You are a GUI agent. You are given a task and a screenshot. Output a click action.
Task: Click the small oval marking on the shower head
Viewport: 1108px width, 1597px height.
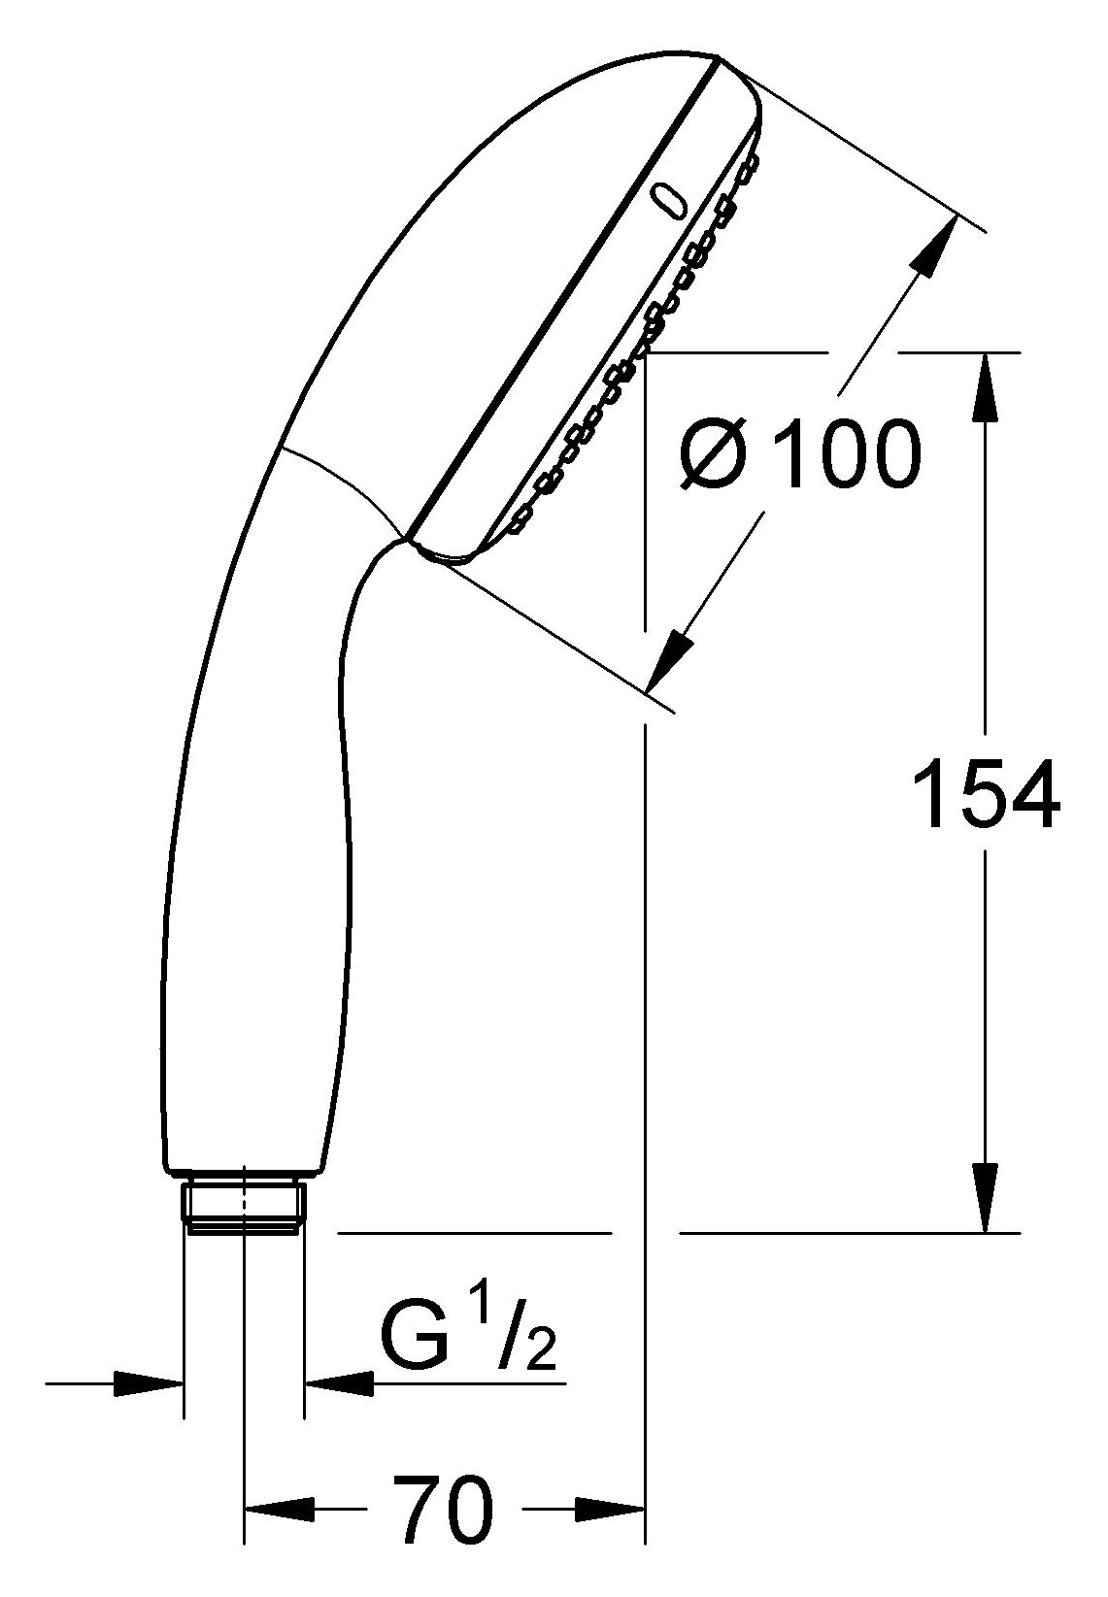pos(669,199)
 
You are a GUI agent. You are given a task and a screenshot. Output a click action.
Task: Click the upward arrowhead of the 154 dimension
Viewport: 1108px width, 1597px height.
pos(986,387)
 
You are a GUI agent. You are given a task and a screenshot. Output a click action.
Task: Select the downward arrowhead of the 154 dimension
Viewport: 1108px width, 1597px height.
pos(986,1197)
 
